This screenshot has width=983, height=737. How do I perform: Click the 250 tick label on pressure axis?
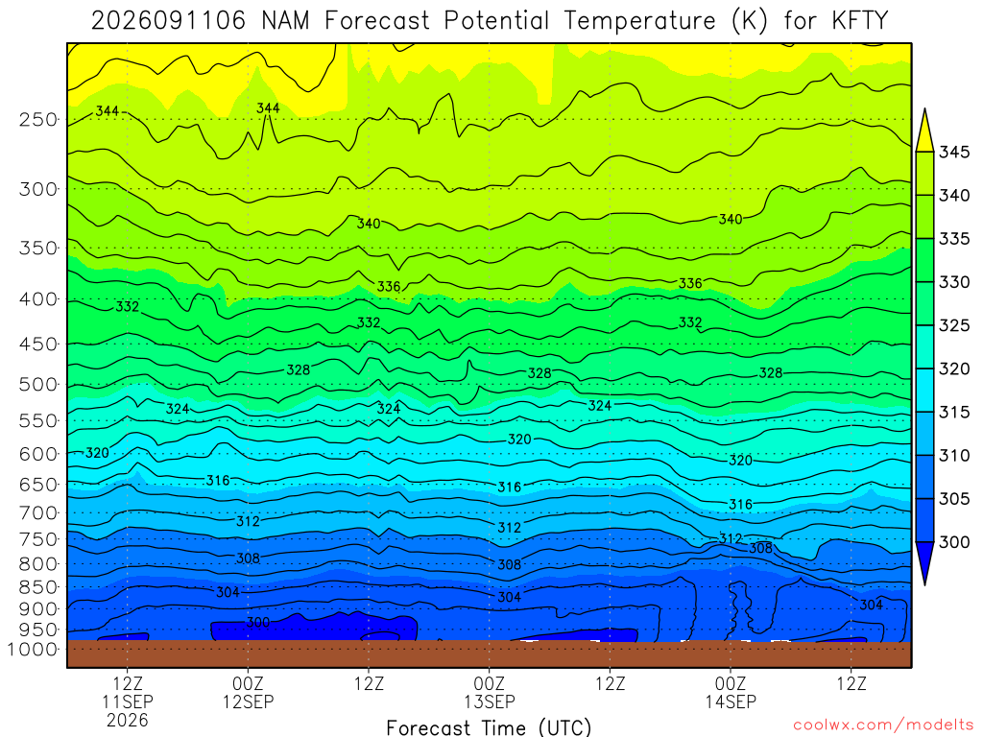coord(38,119)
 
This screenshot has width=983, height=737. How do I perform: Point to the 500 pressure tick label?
coord(38,384)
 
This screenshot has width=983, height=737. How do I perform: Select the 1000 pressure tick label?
coord(34,650)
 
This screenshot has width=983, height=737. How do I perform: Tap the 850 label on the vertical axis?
coord(38,587)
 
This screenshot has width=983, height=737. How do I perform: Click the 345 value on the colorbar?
coord(954,153)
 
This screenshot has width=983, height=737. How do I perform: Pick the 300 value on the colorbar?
coord(954,542)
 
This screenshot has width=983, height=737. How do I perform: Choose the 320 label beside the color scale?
coord(954,368)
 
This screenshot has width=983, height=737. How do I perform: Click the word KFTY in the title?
coord(859,21)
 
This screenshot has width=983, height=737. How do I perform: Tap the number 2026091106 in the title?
coord(169,21)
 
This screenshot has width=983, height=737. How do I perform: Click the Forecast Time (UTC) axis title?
coord(489,727)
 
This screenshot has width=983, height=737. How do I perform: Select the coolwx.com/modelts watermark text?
coord(883,725)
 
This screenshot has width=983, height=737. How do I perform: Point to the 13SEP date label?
coord(490,701)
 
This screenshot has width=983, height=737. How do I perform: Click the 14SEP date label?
coord(731,701)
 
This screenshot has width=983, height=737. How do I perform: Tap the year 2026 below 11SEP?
coord(128,720)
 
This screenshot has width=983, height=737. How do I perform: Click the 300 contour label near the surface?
coord(257,622)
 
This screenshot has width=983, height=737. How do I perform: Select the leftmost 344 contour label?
coord(108,111)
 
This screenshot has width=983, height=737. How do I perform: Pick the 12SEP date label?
coord(249,701)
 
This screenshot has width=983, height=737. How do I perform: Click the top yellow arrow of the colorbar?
coord(924,131)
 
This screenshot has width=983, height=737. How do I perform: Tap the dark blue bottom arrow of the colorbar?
coord(924,560)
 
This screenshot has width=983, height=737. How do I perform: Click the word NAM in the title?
coord(285,21)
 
